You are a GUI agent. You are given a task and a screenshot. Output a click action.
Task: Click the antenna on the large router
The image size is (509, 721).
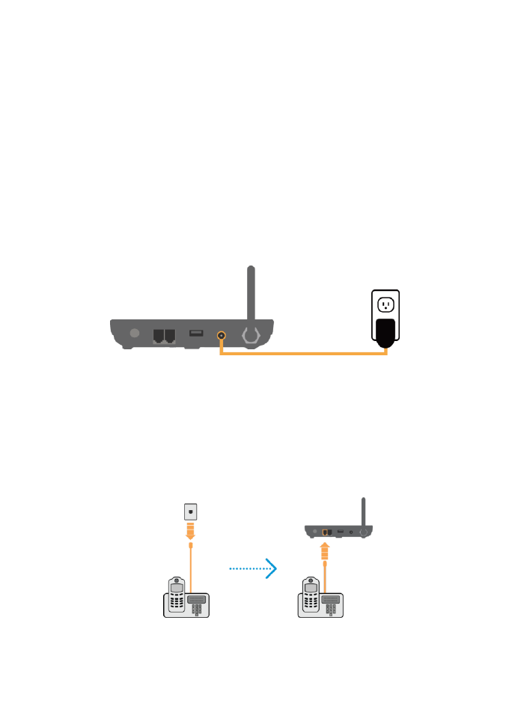coord(252,292)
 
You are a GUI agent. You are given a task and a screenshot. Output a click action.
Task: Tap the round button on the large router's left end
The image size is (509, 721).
coord(135,333)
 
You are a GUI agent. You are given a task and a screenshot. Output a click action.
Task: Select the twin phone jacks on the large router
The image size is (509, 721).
coord(164,335)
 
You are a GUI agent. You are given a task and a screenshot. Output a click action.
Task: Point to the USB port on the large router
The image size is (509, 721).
coord(197,333)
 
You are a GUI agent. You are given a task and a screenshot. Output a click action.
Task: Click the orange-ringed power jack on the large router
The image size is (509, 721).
coord(221,335)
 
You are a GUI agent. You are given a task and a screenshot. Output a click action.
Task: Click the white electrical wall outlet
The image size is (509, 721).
coord(386,305)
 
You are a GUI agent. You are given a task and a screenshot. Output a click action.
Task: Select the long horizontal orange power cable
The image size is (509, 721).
coord(303,354)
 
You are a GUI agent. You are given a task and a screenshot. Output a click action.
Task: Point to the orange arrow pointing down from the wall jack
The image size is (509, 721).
coord(191,532)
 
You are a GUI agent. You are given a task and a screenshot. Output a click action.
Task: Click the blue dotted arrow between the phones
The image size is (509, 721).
coord(253,569)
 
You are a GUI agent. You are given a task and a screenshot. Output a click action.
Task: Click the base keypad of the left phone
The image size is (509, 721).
coord(196,605)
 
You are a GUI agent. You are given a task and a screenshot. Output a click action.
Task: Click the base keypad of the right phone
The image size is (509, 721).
coord(330,605)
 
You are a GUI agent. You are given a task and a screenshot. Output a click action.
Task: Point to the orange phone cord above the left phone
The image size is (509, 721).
coord(192,568)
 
